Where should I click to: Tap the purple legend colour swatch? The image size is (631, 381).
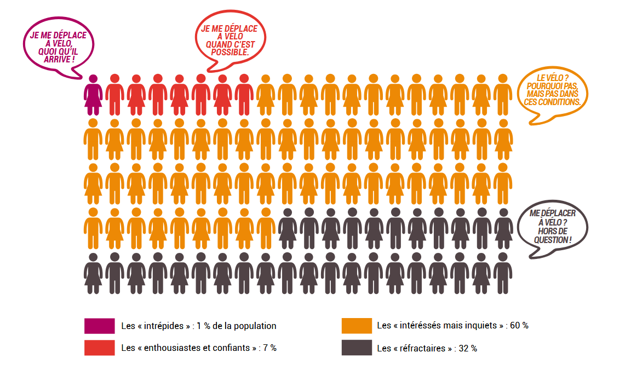point(99,326)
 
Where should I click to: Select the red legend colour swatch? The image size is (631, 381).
point(99,348)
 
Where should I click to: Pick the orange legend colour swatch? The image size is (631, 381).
point(357,326)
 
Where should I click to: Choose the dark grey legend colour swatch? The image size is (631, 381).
point(357,348)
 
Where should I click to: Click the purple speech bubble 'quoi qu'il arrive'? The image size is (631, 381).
point(58,46)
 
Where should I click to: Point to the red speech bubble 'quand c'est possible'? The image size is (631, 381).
point(230,38)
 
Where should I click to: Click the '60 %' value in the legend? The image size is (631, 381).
point(519,326)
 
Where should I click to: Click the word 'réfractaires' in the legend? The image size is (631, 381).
point(423,348)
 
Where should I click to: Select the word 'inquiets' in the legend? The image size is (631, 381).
point(483,326)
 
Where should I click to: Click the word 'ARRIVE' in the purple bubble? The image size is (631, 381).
point(57,58)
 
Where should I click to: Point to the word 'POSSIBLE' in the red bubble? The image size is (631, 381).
point(230,53)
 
